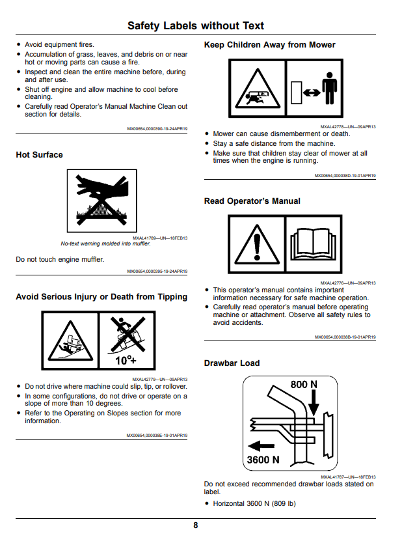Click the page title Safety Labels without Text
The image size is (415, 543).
click(x=195, y=25)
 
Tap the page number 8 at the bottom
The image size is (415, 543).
click(x=195, y=525)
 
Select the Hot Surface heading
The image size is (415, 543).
click(x=40, y=155)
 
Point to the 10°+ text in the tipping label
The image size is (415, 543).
click(x=126, y=360)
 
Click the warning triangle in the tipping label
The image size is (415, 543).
click(x=70, y=341)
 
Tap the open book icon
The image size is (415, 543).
click(x=314, y=244)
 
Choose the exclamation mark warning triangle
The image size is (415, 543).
click(x=257, y=244)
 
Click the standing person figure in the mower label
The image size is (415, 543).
click(x=330, y=89)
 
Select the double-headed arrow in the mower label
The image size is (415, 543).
click(x=312, y=93)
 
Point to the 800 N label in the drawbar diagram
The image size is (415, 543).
click(x=304, y=384)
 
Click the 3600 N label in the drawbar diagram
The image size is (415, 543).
click(x=263, y=460)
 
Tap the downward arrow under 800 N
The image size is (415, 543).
click(x=314, y=403)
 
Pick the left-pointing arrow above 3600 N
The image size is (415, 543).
click(x=261, y=446)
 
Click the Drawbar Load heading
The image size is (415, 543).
click(x=232, y=363)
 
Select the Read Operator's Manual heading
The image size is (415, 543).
click(x=252, y=201)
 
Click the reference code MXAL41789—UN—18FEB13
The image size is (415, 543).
click(x=160, y=238)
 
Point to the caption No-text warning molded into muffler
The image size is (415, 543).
click(x=106, y=244)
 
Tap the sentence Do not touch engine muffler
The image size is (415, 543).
click(x=60, y=259)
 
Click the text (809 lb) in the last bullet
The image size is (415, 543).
click(x=284, y=503)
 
